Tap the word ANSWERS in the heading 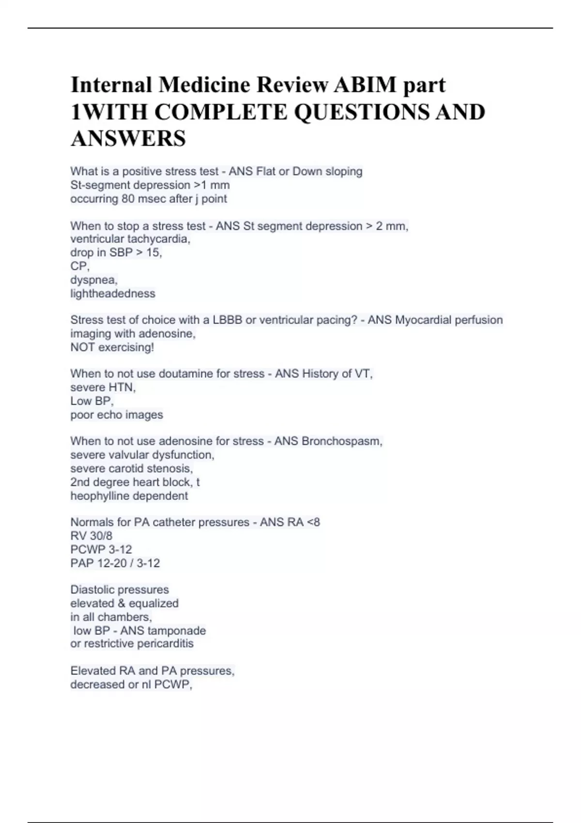[x=128, y=138]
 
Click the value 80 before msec [x=129, y=198]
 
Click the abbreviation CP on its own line [x=79, y=266]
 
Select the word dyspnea [x=93, y=280]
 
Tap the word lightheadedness [x=113, y=293]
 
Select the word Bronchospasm [x=341, y=441]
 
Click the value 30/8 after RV [x=101, y=536]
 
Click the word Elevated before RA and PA [x=93, y=671]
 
